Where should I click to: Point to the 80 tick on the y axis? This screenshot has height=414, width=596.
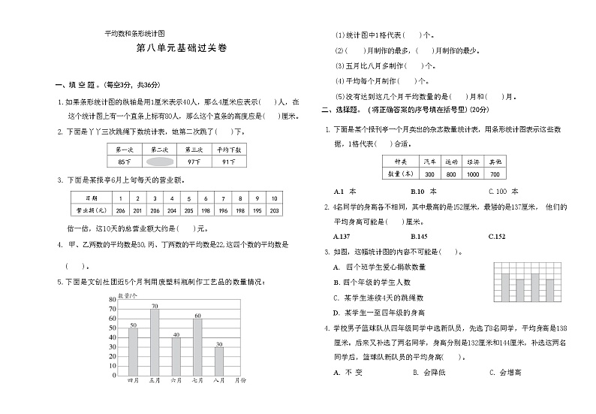(x=113, y=299)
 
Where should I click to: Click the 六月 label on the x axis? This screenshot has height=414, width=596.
(x=176, y=381)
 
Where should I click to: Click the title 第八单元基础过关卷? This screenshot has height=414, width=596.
(x=181, y=47)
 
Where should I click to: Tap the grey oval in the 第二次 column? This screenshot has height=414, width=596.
(x=159, y=162)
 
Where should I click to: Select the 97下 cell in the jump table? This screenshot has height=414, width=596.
(x=194, y=162)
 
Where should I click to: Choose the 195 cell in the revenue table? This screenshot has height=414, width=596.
(x=257, y=211)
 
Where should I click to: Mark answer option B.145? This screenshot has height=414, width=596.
(x=420, y=236)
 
